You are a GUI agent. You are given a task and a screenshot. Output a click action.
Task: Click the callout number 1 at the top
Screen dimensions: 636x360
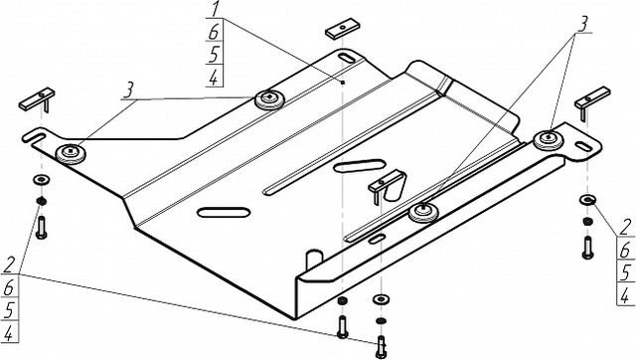point(215,9)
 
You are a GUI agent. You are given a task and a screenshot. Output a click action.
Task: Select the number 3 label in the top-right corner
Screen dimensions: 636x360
point(582,25)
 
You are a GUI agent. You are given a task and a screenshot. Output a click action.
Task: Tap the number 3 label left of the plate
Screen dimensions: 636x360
point(128,90)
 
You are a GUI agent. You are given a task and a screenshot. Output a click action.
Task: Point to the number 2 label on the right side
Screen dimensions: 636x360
point(626,227)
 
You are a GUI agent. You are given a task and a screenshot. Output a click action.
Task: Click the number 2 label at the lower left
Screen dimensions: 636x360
point(9,266)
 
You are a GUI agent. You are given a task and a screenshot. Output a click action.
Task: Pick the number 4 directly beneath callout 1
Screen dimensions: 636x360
point(214,78)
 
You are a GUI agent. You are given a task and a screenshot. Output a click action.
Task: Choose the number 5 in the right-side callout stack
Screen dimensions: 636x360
point(626,271)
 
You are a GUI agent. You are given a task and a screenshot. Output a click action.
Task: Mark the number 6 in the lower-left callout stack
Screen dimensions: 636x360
point(9,287)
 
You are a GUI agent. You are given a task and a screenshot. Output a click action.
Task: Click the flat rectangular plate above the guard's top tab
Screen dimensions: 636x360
point(342,29)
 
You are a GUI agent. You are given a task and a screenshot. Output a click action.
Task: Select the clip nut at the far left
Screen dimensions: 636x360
point(37,100)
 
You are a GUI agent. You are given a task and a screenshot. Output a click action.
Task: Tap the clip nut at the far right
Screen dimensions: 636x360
point(592,99)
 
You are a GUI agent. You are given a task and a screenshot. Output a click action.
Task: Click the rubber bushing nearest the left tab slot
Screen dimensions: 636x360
point(71,153)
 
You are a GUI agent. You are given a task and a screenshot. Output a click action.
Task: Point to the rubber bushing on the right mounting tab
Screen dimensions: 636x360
point(548,139)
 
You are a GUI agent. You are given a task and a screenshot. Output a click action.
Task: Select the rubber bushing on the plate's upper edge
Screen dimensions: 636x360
point(269,98)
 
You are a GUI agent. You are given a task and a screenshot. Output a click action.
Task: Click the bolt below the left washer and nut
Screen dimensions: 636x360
point(42,228)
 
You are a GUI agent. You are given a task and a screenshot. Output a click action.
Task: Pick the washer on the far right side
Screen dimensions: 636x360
point(587,199)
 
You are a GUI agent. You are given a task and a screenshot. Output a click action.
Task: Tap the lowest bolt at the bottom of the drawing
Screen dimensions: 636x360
point(381,347)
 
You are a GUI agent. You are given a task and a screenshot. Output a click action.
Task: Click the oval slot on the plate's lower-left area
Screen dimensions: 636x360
point(224,212)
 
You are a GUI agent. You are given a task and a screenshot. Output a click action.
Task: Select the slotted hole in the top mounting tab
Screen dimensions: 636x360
point(347,58)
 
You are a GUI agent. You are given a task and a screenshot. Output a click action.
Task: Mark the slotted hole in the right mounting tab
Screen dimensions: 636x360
point(583,146)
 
